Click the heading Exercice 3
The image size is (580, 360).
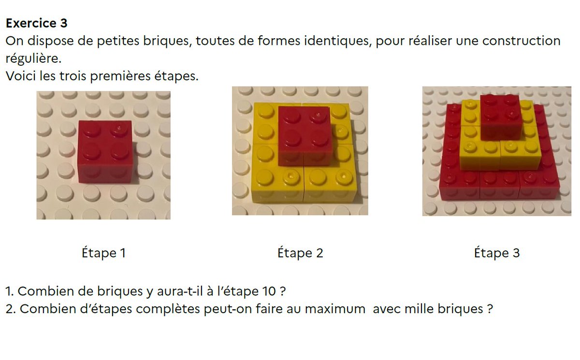[37, 23]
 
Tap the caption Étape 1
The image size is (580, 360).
[103, 253]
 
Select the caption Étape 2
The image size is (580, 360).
[300, 253]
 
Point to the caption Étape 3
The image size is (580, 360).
[497, 253]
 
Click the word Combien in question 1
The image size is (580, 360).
[42, 292]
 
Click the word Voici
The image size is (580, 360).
[20, 77]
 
